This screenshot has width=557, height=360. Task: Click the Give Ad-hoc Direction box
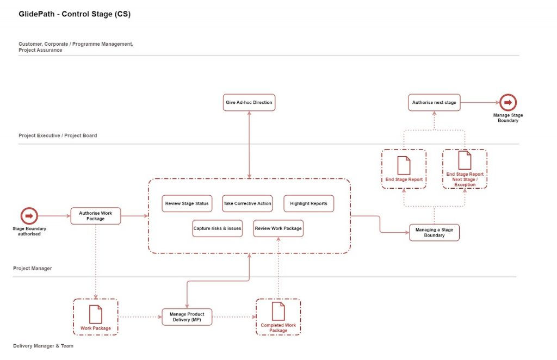(249, 102)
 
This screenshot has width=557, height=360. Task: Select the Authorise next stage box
(434, 102)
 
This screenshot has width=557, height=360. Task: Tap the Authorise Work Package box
(96, 216)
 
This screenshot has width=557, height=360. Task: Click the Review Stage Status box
(187, 203)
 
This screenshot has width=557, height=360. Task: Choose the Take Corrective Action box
(247, 203)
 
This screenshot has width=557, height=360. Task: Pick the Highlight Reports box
(308, 203)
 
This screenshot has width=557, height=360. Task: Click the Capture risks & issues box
(218, 228)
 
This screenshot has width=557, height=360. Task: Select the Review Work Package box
(278, 228)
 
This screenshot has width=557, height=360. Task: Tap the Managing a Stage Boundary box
(434, 233)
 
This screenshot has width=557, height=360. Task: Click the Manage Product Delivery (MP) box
(187, 316)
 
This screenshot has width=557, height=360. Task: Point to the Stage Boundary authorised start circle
(29, 216)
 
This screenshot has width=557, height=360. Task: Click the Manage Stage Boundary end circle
(508, 102)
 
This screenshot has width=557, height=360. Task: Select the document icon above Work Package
(96, 314)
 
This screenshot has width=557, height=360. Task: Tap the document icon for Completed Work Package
(278, 311)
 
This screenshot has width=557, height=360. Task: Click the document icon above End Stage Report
(404, 165)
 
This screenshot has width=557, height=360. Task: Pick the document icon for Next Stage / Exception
(465, 160)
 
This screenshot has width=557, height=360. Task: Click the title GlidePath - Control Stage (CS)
(75, 14)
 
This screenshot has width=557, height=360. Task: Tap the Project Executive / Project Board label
(58, 135)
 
